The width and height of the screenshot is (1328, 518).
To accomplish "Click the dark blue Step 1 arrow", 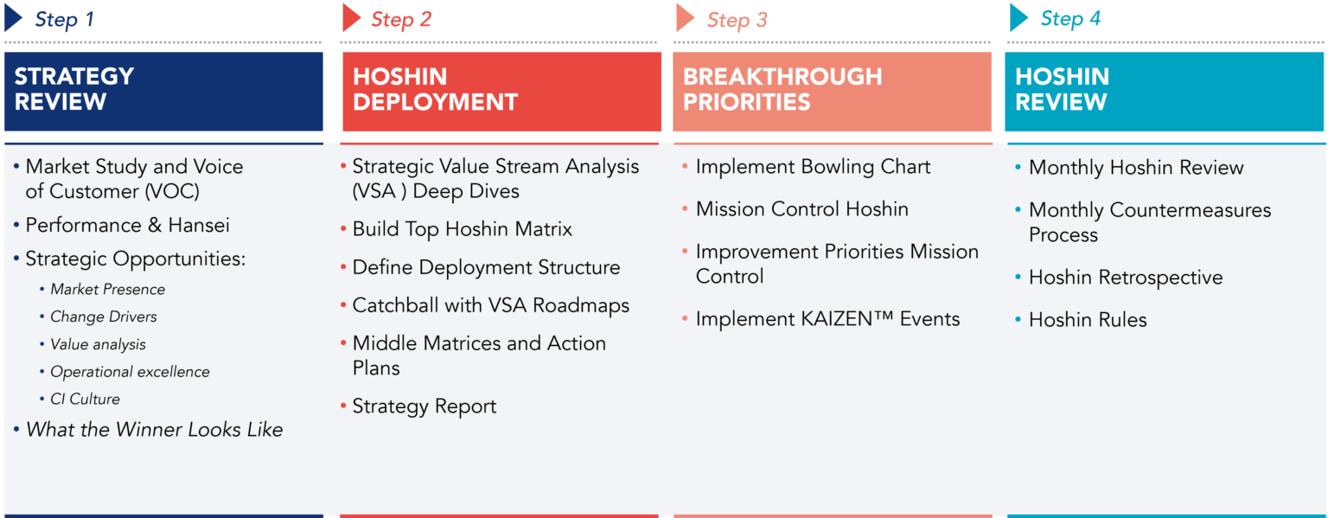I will click(x=13, y=19).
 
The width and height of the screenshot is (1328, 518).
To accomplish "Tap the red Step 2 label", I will click(x=401, y=19).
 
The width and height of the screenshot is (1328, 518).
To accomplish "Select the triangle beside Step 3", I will click(x=686, y=18).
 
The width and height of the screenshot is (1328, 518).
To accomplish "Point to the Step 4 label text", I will click(x=1070, y=19).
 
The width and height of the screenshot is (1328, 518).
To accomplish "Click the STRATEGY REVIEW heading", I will click(x=74, y=89).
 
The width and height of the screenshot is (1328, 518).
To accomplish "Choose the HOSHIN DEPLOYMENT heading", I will click(x=435, y=89).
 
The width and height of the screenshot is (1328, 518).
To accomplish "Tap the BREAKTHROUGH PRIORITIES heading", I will click(x=782, y=89).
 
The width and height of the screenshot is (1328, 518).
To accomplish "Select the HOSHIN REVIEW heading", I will click(x=1062, y=89).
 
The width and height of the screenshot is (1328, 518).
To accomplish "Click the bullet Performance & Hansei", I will click(x=127, y=226).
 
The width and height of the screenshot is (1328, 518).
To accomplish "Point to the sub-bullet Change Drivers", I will click(x=104, y=317).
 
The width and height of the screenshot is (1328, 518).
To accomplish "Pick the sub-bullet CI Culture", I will click(x=85, y=399).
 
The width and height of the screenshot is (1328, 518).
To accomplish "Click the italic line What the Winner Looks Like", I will click(x=155, y=430).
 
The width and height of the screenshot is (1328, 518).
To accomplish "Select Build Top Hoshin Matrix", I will click(x=462, y=229).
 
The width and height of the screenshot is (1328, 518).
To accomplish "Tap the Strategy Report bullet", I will click(x=424, y=406).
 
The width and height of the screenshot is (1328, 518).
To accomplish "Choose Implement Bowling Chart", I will click(x=813, y=167).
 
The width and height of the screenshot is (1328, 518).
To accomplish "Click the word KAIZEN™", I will click(x=835, y=319).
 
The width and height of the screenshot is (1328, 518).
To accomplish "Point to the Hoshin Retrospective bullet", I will click(x=1125, y=278).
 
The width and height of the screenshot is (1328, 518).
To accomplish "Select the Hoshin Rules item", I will click(x=1087, y=320).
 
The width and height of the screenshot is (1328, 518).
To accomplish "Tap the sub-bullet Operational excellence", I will click(x=130, y=372).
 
